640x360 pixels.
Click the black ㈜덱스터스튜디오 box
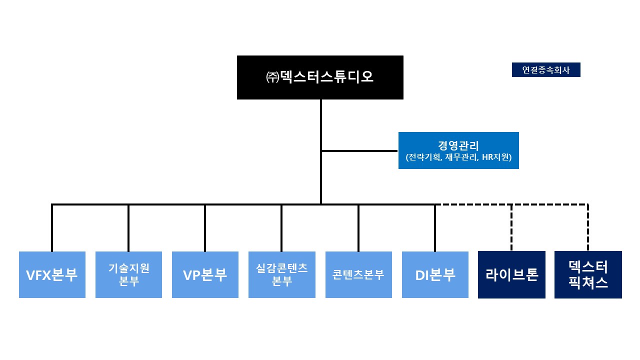[320, 77]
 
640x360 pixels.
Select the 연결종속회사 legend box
[546, 70]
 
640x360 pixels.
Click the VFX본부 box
[52, 274]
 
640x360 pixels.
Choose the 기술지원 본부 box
[128, 274]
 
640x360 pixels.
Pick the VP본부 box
[205, 274]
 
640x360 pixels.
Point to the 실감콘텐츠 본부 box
[282, 274]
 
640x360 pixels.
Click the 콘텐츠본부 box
[358, 274]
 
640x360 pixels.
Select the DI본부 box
[435, 274]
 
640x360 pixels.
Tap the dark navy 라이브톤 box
[511, 274]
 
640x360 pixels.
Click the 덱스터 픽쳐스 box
[588, 274]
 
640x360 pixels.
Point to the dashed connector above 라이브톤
[511, 227]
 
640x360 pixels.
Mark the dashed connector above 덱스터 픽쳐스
[588, 227]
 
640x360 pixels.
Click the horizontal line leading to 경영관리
[360, 150]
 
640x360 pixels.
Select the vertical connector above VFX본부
[52, 227]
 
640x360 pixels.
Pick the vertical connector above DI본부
[435, 227]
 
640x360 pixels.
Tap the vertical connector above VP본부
[205, 227]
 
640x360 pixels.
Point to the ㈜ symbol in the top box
[272, 77]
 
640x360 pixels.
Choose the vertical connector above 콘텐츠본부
[358, 227]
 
